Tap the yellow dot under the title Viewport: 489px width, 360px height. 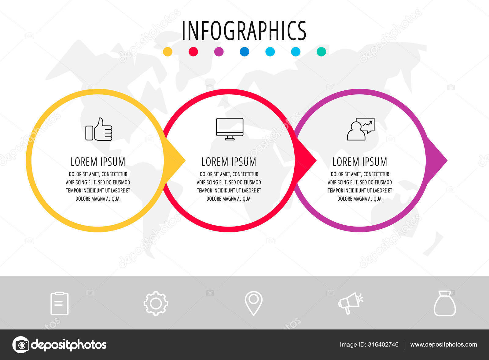[x=168, y=52]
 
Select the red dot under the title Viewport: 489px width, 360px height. [x=193, y=52]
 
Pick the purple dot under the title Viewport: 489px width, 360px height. [x=219, y=52]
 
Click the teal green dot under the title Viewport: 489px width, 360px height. [x=321, y=52]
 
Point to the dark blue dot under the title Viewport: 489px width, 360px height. [x=244, y=52]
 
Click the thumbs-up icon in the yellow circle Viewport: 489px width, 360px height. [x=99, y=129]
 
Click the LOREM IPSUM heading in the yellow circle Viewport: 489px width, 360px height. [x=98, y=162]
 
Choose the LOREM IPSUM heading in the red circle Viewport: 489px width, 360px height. [x=229, y=162]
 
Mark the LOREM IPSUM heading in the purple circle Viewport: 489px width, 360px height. [x=360, y=162]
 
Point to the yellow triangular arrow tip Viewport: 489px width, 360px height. [x=185, y=161]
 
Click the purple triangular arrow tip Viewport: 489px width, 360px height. [x=447, y=161]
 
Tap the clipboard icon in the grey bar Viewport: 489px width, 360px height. [x=59, y=303]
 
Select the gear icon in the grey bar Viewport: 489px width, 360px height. [x=156, y=303]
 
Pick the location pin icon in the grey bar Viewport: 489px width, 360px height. [x=253, y=303]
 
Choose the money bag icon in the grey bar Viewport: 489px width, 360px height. [x=445, y=303]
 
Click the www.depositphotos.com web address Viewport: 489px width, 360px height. [x=443, y=344]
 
